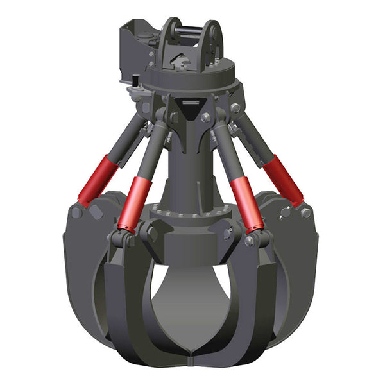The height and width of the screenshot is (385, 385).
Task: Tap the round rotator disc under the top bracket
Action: point(193,77)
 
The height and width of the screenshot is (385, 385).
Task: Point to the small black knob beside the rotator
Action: point(136,80)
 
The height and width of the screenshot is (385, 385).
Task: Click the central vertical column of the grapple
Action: point(190,167)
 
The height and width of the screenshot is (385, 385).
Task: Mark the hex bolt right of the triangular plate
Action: point(207,117)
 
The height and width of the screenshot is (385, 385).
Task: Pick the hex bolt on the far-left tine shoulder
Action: point(76,212)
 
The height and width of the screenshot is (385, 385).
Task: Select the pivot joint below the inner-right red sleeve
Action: point(257,240)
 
